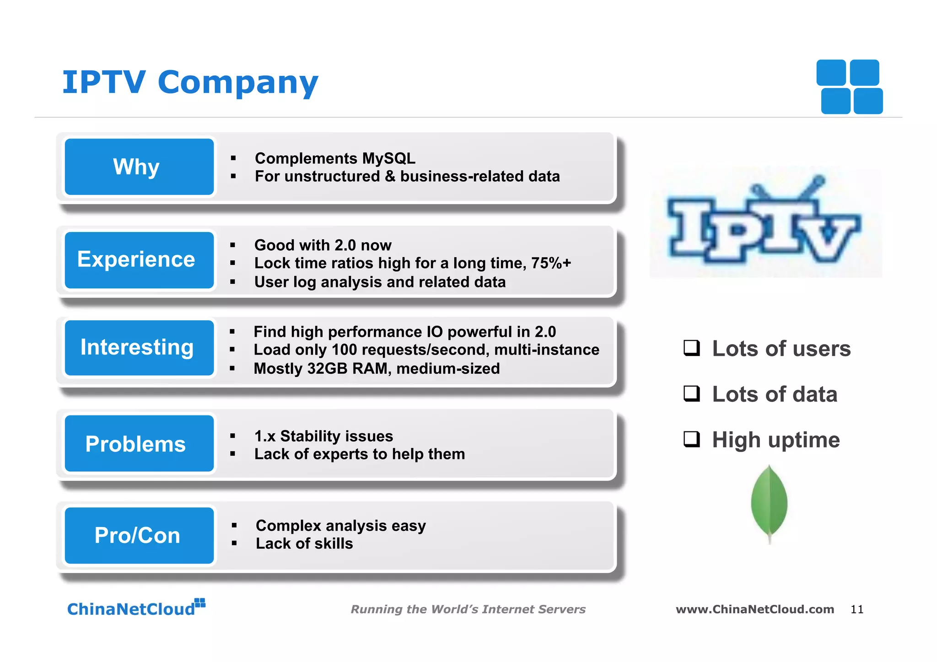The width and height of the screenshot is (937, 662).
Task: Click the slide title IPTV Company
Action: click(190, 83)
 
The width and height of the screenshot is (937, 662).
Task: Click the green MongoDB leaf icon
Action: click(769, 503)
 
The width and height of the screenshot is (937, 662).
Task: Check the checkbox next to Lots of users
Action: click(691, 348)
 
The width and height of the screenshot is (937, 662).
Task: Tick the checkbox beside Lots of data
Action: click(691, 393)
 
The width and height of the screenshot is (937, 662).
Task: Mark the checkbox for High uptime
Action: click(691, 439)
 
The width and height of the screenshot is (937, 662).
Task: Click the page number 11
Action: click(856, 609)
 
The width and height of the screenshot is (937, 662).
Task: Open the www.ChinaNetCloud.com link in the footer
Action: click(754, 609)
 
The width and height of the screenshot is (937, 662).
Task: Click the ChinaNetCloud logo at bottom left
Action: click(136, 608)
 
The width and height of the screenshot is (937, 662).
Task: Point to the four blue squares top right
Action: click(850, 87)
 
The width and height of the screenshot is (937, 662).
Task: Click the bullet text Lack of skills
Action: click(304, 544)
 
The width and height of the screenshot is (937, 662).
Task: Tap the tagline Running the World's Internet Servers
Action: click(468, 609)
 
